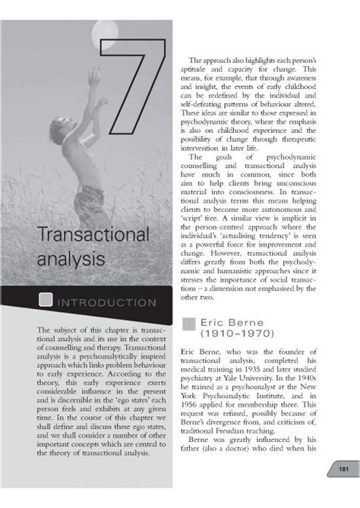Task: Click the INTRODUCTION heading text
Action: pos(108,302)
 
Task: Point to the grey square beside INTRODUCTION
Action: pos(46,301)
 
